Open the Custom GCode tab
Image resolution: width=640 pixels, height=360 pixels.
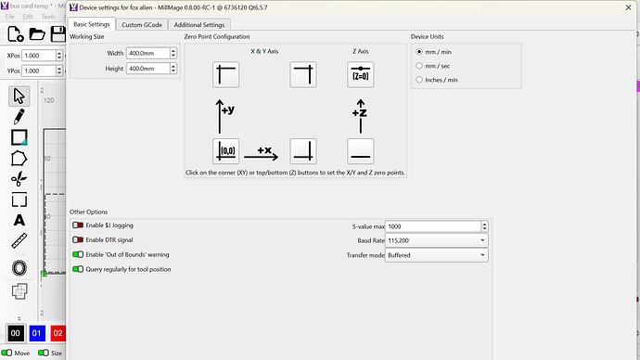(x=142, y=24)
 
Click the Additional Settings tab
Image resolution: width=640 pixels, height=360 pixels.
(x=199, y=24)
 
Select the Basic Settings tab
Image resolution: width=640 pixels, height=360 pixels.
(x=92, y=24)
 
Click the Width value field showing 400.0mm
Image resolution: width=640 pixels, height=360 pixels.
(x=147, y=53)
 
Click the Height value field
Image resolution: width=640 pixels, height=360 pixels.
(x=147, y=69)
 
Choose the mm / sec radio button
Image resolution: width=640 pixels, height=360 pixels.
(x=419, y=66)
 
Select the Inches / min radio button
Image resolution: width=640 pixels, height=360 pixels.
(x=419, y=80)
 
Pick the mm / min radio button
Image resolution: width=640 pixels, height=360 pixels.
(x=419, y=52)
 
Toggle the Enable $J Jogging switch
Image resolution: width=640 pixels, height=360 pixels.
(x=78, y=225)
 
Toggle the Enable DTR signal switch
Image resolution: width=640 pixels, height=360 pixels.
(x=78, y=240)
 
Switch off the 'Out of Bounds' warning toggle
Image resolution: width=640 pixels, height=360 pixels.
(x=78, y=255)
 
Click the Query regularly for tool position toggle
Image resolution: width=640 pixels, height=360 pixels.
(x=78, y=269)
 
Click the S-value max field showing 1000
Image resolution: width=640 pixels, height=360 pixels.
(x=433, y=226)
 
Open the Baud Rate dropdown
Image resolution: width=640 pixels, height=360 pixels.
(x=436, y=240)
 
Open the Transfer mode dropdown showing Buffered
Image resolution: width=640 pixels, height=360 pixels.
(x=436, y=255)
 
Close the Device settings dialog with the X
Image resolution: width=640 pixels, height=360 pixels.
(x=628, y=7)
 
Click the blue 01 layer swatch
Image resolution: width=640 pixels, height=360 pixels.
(x=37, y=333)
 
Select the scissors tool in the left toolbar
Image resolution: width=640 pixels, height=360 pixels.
(x=19, y=179)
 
